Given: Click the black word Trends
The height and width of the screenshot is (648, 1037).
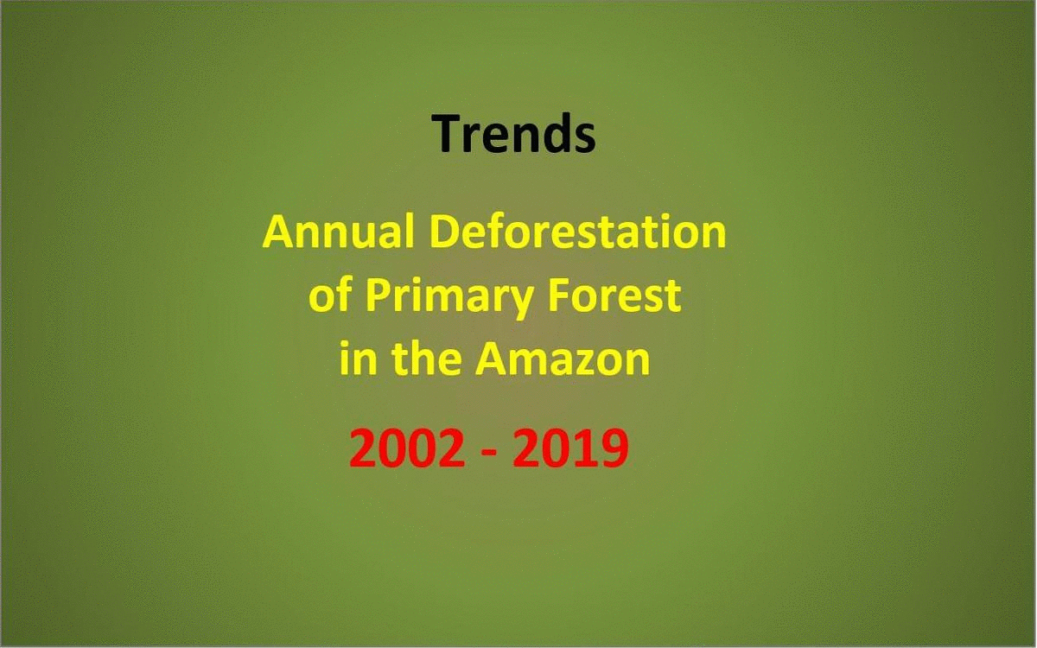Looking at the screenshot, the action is (513, 133).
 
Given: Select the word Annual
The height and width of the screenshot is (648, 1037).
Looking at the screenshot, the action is (338, 232).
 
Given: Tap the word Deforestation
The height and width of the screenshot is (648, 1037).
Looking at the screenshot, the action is (578, 232).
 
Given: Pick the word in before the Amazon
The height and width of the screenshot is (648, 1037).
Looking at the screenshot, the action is (356, 358).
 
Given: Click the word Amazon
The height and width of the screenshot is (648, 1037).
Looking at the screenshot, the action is (563, 358).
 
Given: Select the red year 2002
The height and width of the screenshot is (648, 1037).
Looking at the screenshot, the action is (407, 448).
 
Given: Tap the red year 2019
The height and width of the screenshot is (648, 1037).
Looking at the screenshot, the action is (570, 448).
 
